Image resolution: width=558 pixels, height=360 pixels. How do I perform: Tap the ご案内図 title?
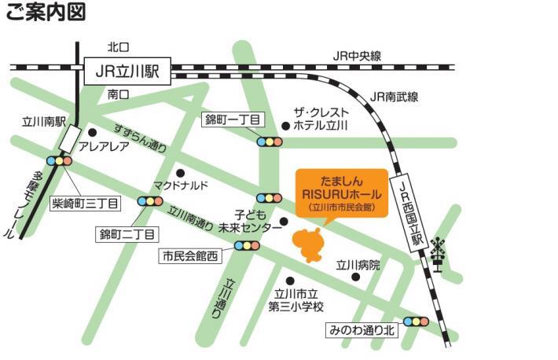(46, 13)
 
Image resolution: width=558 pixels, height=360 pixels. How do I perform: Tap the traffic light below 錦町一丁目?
(270, 142)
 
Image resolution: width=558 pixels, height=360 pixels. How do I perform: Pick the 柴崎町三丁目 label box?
(85, 204)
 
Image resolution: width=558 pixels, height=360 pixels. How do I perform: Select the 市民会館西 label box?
(189, 255)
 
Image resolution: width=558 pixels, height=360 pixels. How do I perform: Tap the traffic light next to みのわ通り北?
(415, 321)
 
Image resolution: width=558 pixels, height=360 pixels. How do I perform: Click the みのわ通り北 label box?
(363, 331)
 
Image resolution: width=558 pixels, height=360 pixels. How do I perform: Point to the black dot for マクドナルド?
(181, 173)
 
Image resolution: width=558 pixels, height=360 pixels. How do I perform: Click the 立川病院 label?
(358, 265)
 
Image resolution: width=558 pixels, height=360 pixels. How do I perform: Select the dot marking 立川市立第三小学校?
(290, 281)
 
